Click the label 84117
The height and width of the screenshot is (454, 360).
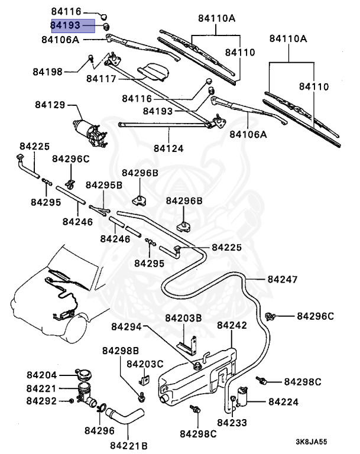[x=101, y=78]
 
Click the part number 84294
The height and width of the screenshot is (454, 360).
[x=127, y=326]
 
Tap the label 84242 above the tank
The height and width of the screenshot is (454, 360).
[x=232, y=326]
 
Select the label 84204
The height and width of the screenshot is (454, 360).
[x=41, y=375]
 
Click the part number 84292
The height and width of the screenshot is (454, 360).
[x=41, y=401]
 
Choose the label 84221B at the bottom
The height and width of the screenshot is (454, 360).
[x=128, y=445]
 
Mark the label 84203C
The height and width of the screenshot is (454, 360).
[x=145, y=363]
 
